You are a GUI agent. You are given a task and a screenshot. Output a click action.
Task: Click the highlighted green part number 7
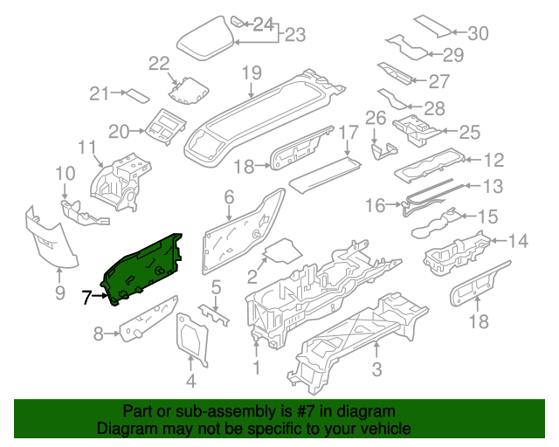[x=141, y=265]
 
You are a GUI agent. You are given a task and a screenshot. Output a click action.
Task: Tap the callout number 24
[x=263, y=24]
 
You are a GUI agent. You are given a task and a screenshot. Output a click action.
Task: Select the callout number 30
[x=478, y=34]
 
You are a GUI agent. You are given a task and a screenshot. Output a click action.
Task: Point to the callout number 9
[x=60, y=292]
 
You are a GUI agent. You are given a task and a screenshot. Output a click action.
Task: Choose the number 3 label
[x=376, y=370]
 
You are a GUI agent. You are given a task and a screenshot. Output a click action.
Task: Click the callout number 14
[x=518, y=239]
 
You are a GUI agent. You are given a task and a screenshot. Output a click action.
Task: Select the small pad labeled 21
[x=136, y=94]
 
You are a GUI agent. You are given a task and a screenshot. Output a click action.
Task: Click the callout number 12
[x=494, y=160]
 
